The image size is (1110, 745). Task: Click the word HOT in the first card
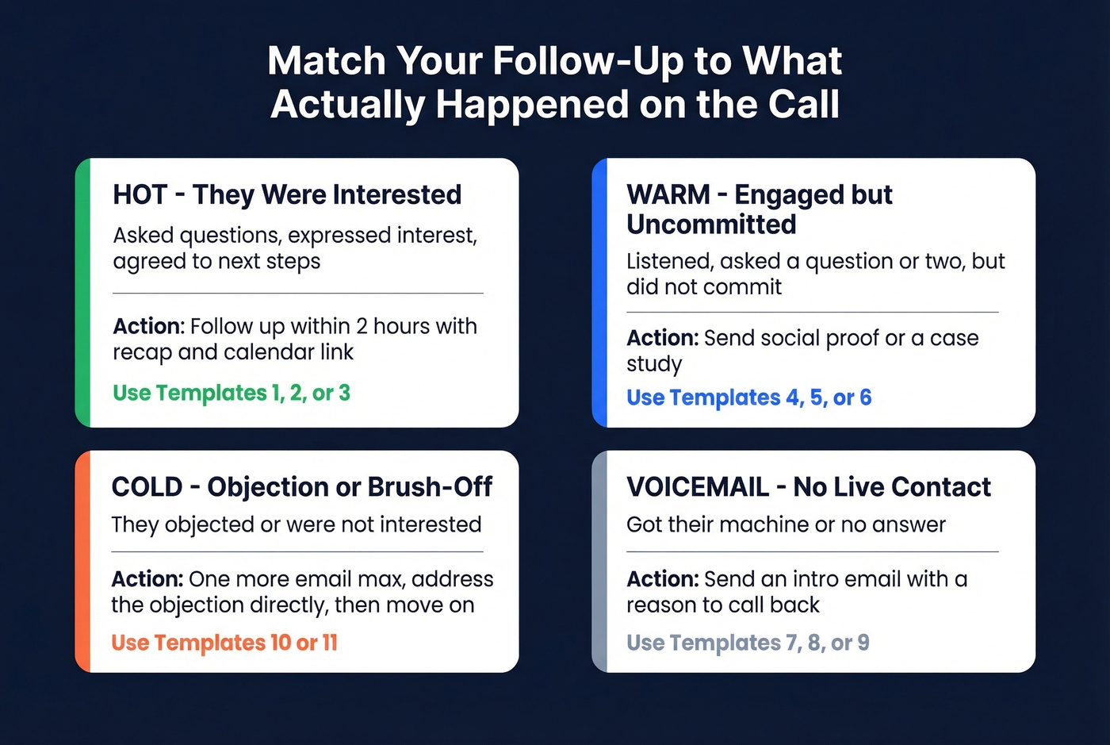140,194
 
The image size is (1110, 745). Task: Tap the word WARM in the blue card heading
668,194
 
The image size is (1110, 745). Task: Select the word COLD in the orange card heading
147,486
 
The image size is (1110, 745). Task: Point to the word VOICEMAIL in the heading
698,486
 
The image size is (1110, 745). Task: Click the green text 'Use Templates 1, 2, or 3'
231,393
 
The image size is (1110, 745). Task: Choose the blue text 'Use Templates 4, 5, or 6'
748,397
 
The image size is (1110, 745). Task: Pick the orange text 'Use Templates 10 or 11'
224,643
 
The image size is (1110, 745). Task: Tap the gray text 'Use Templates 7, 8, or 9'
748,643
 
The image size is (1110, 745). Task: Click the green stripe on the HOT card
82,293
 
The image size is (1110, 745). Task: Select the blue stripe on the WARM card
599,293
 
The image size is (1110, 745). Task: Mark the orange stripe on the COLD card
82,562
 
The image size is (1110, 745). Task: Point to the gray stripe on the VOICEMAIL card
599,562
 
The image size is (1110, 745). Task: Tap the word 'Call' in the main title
803,105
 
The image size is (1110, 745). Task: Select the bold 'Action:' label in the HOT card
148,326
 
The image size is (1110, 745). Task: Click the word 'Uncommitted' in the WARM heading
711,225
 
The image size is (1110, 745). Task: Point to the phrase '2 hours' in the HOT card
392,326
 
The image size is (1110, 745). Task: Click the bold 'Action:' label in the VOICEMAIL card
662,579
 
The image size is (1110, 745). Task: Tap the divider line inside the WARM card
812,313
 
